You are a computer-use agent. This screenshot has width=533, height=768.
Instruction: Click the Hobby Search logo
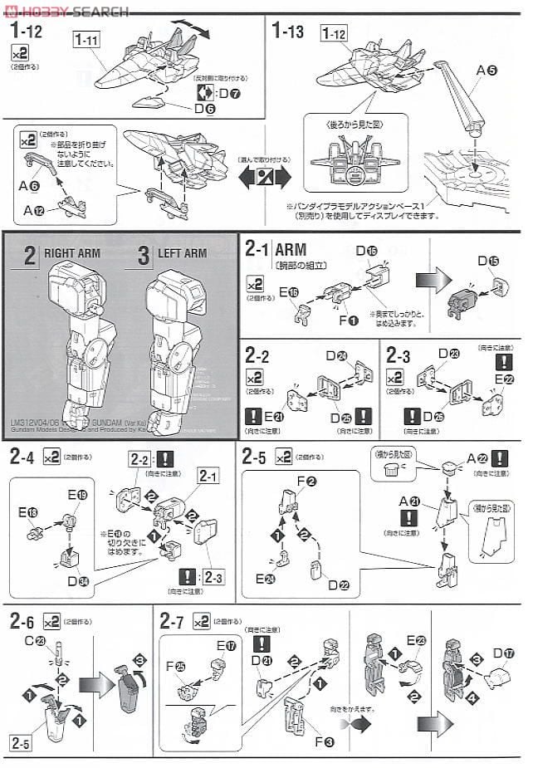pos(66,11)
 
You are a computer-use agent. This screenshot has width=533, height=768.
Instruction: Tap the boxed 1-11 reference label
pos(86,40)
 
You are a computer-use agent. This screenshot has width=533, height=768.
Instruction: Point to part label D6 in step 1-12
pos(203,107)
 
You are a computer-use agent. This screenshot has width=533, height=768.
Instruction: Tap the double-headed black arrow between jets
pos(265,176)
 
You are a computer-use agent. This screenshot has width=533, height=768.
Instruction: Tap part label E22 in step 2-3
pos(504,379)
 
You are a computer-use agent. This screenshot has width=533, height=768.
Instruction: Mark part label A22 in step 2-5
pos(475,459)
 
